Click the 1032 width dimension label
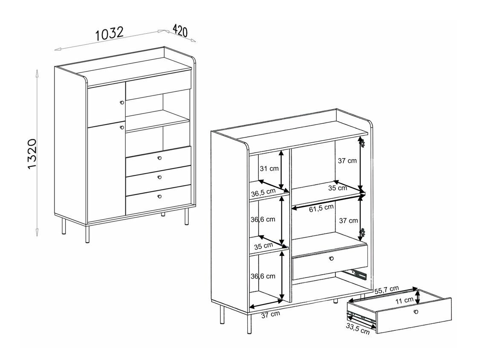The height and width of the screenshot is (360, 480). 109,34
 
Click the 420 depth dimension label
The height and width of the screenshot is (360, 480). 180,31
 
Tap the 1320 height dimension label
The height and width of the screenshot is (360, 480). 35,154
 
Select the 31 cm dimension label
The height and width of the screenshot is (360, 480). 269,168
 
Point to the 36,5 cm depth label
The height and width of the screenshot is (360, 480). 263,193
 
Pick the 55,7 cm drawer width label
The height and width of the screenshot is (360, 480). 387,290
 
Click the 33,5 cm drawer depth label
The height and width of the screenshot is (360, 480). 358,329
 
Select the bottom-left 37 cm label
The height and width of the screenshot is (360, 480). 270,314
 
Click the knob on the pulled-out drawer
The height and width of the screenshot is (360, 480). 416,312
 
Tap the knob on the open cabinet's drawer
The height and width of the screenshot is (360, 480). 331,258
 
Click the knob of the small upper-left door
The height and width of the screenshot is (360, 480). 121,102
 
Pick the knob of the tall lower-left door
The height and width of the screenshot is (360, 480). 121,127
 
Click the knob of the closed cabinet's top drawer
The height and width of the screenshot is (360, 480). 160,158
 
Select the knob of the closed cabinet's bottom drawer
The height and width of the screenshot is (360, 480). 159,196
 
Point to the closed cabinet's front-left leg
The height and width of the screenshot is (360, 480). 87,232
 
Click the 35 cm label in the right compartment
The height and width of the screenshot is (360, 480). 337,187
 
